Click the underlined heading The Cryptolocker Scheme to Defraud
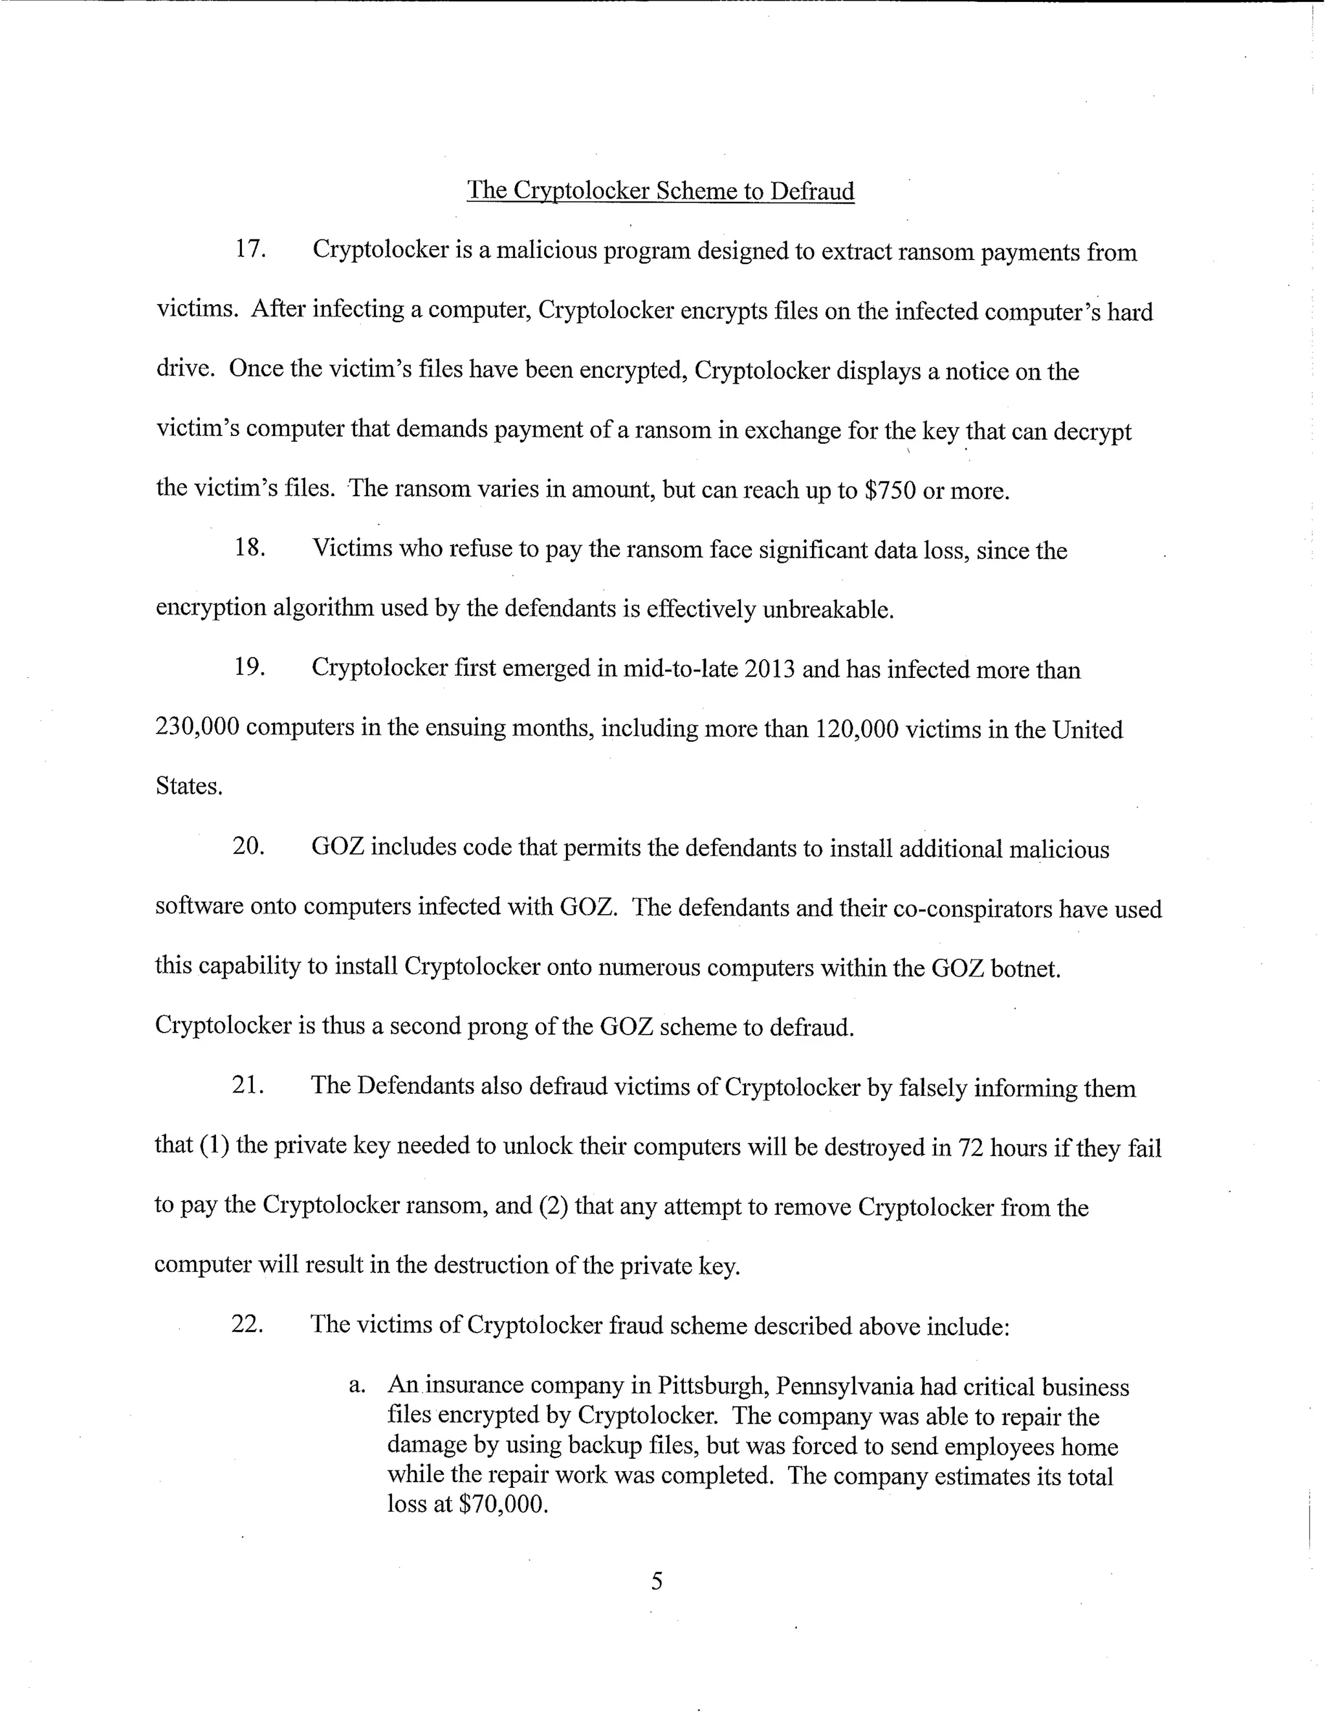coord(660,191)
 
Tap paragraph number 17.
coord(250,250)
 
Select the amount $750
coord(890,490)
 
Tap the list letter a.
coord(357,1386)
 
